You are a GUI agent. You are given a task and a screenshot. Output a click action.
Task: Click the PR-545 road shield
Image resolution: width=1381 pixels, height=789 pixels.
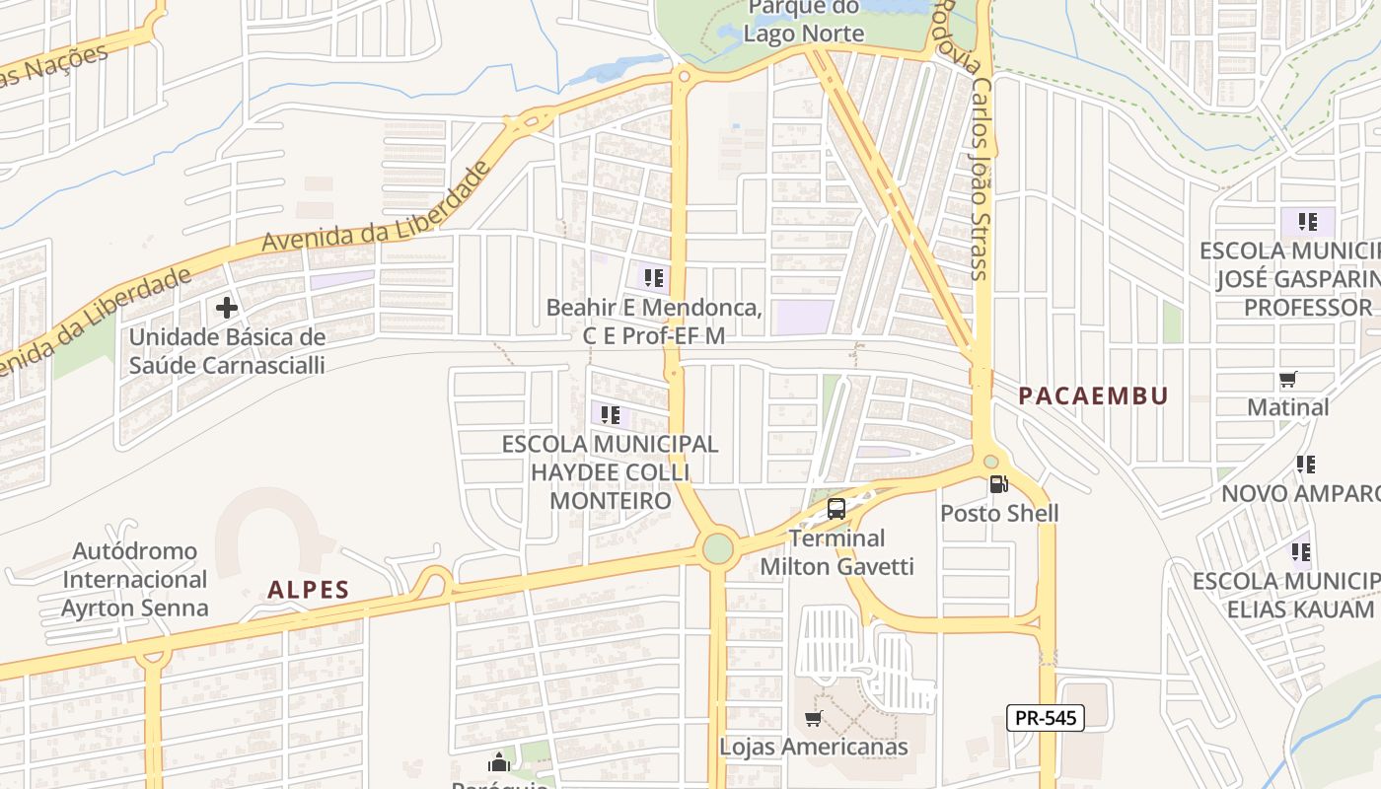pyautogui.click(x=1046, y=718)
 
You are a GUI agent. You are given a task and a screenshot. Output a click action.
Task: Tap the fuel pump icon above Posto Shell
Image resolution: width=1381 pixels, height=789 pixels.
pyautogui.click(x=998, y=484)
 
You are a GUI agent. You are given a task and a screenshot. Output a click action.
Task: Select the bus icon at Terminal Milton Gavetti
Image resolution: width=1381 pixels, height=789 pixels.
pyautogui.click(x=836, y=509)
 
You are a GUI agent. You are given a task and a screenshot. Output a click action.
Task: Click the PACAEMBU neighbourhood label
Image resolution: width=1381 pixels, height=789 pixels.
pyautogui.click(x=1093, y=396)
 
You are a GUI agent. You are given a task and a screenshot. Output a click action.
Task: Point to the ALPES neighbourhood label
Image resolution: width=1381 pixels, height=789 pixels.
pyautogui.click(x=309, y=591)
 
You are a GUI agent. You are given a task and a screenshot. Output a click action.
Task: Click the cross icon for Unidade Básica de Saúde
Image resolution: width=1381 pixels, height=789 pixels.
pyautogui.click(x=227, y=308)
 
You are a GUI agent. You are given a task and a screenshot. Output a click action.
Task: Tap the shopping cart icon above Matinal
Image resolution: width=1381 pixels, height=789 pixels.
pyautogui.click(x=1287, y=379)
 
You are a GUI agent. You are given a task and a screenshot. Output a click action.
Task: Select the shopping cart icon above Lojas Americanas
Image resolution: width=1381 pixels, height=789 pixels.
pyautogui.click(x=814, y=718)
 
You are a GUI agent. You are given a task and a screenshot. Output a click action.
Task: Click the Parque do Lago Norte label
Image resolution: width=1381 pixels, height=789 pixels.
pyautogui.click(x=803, y=22)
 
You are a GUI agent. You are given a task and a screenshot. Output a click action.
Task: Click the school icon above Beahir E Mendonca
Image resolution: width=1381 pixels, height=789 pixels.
pyautogui.click(x=653, y=278)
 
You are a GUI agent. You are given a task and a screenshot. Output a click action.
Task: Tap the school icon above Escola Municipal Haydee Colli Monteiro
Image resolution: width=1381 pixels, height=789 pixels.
pyautogui.click(x=610, y=414)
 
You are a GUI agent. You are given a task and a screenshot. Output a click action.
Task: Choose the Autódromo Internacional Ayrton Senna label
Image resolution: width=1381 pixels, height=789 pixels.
pyautogui.click(x=135, y=579)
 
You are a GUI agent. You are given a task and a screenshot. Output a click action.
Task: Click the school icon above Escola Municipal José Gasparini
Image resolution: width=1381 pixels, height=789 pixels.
pyautogui.click(x=1308, y=221)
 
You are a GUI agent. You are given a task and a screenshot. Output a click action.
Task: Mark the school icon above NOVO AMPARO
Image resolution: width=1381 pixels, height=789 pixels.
pyautogui.click(x=1306, y=464)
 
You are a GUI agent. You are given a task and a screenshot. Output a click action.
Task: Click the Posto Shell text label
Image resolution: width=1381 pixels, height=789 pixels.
pyautogui.click(x=999, y=513)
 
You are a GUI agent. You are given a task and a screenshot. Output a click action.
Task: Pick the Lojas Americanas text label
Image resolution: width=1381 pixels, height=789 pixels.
pyautogui.click(x=814, y=747)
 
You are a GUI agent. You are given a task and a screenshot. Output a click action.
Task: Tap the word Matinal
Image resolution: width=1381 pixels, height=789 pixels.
pyautogui.click(x=1288, y=406)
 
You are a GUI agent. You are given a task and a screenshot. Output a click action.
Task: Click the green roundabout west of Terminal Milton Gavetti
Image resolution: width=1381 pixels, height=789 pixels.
pyautogui.click(x=718, y=547)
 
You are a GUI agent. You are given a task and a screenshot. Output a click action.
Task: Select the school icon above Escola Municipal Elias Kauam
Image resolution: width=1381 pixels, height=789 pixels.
pyautogui.click(x=1302, y=551)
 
